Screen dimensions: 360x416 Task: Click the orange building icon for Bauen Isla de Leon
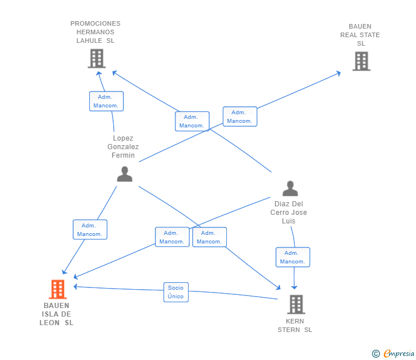pos(57,289)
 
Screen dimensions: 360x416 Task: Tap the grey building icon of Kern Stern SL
pos(296,304)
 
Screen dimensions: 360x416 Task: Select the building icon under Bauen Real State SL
pos(361,61)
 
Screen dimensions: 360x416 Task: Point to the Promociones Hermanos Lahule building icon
pos(97,58)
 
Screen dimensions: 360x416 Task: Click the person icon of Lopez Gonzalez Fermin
pos(125,174)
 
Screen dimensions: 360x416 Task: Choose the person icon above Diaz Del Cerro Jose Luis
pos(290,189)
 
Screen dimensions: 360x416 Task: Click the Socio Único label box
pos(176,292)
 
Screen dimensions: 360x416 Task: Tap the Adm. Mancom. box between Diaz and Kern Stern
pos(293,257)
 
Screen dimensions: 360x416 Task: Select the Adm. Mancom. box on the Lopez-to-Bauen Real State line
pos(239,117)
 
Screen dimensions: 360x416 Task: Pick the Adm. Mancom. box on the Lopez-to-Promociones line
pos(106,101)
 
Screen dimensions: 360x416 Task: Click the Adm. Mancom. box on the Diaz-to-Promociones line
pos(192,121)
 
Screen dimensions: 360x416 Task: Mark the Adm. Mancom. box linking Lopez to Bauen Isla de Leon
pos(90,230)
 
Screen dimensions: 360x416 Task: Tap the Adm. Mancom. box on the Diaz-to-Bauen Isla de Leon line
pos(172,237)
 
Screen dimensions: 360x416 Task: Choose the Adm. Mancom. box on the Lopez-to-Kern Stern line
pos(209,237)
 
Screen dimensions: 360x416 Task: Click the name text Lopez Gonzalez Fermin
pos(123,147)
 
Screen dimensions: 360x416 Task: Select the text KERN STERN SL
pos(295,325)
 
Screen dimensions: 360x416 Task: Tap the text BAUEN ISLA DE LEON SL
pos(57,314)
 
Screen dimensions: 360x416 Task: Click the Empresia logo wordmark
pos(399,354)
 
